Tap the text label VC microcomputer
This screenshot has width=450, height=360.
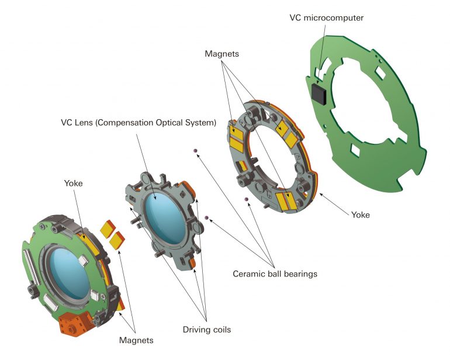click(326, 18)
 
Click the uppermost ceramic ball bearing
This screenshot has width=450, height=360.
click(196, 152)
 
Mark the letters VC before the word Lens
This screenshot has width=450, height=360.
click(67, 123)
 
